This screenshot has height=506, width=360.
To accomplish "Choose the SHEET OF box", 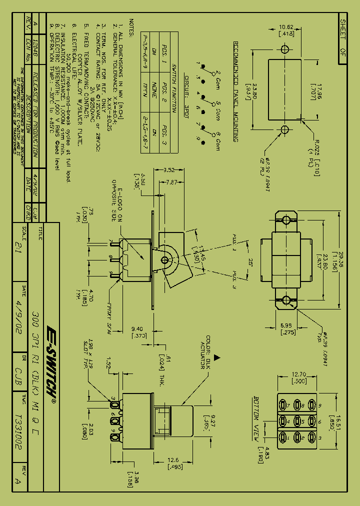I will (342, 35).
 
